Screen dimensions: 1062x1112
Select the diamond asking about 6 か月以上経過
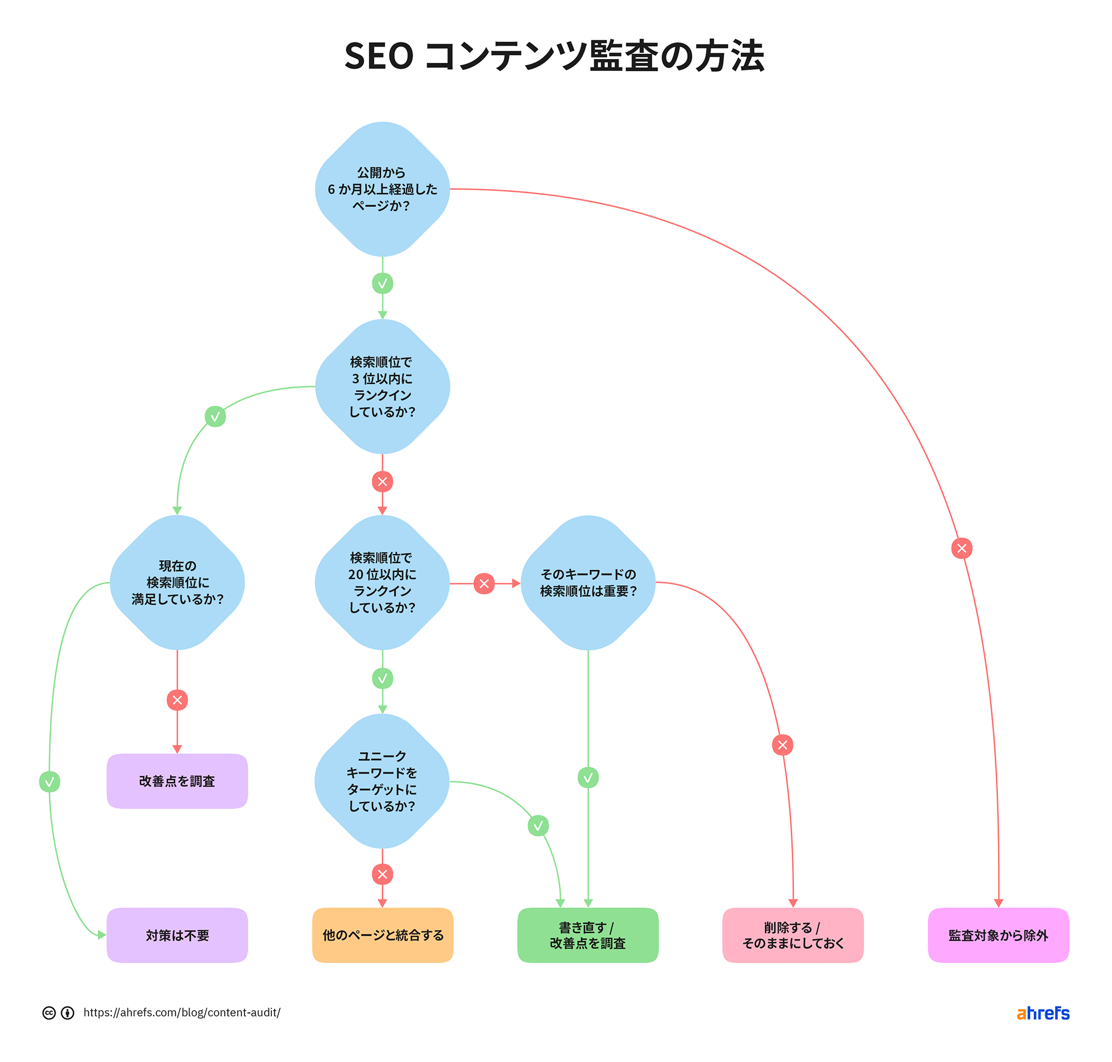382,189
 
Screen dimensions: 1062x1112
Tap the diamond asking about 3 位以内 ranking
382,386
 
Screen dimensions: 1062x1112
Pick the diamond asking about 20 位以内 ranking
382,582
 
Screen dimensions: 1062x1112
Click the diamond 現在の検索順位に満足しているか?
177,582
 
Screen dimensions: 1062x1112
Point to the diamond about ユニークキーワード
382,781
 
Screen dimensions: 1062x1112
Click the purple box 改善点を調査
177,781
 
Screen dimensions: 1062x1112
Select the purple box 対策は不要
177,935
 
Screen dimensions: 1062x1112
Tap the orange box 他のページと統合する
383,935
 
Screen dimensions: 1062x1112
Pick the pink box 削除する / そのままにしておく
792,935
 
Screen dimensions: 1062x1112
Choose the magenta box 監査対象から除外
997,935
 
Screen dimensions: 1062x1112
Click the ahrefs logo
1042,1012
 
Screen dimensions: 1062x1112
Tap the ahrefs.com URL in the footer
182,1012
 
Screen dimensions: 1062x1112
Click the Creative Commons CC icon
49,1012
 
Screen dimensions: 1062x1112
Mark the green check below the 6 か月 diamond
382,283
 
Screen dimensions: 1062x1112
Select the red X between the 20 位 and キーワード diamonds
484,583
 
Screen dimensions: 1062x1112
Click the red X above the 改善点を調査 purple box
177,700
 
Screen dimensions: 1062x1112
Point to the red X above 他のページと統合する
382,874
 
